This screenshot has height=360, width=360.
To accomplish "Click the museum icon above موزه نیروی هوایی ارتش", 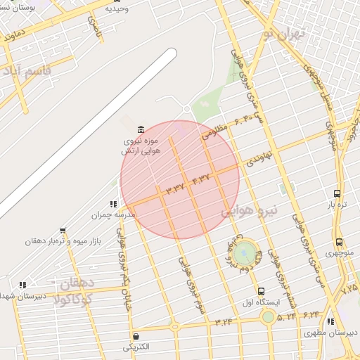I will (141, 130).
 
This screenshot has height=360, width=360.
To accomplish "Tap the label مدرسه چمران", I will (107, 214).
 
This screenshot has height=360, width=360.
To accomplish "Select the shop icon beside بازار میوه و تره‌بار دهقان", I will (63, 231).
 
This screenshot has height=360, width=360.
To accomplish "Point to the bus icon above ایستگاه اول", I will (262, 291).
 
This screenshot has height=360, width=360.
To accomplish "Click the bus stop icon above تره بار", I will (337, 193).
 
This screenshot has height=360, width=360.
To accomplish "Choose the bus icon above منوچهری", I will (339, 242).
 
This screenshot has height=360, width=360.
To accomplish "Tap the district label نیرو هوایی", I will (250, 210).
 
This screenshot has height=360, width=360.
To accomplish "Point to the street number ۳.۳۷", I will (174, 188).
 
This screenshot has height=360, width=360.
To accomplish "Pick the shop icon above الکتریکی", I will (136, 336).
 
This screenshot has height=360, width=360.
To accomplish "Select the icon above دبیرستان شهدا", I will (22, 285).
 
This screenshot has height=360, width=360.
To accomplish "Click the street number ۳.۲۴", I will (224, 322).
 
